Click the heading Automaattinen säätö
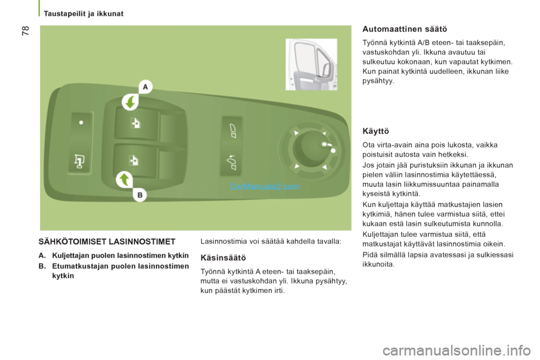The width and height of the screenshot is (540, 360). click(405, 28)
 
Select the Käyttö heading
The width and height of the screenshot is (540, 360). click(376, 131)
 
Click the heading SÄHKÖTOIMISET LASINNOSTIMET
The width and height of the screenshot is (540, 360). click(107, 242)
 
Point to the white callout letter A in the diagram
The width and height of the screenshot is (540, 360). click(145, 87)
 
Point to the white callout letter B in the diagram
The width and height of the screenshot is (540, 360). click(140, 195)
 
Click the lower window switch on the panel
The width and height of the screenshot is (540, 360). click(135, 160)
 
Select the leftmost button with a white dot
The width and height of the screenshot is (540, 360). click(81, 125)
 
